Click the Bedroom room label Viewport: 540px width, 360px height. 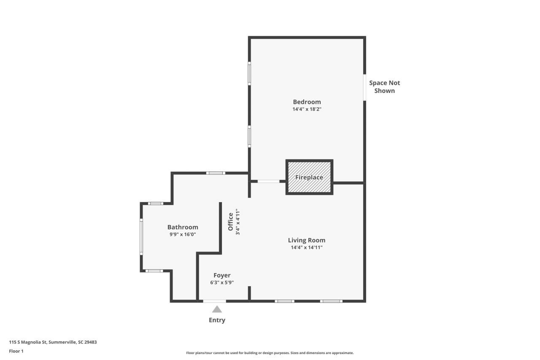[307, 102]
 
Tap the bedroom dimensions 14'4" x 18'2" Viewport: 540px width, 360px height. [307, 109]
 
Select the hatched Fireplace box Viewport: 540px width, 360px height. [309, 177]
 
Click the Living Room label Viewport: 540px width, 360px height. [307, 240]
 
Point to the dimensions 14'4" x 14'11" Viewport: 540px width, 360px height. [307, 248]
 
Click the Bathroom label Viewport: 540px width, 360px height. [183, 227]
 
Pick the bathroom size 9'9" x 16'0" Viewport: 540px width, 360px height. [183, 234]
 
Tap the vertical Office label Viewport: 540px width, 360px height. [231, 222]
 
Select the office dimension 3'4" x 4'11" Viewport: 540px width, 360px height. [238, 222]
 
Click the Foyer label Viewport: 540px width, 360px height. [222, 276]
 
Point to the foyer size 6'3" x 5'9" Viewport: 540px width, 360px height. [222, 283]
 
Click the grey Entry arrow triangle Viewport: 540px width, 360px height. [217, 309]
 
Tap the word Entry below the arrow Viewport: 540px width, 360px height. [217, 320]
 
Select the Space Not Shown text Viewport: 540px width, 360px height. [384, 87]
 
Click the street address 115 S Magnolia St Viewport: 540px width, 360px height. [53, 342]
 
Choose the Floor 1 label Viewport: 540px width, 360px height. [16, 351]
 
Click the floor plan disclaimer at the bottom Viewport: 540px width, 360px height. [270, 353]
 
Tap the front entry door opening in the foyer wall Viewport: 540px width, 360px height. [214, 301]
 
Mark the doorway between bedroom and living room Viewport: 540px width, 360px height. [268, 181]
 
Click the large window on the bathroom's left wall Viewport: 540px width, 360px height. [141, 236]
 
